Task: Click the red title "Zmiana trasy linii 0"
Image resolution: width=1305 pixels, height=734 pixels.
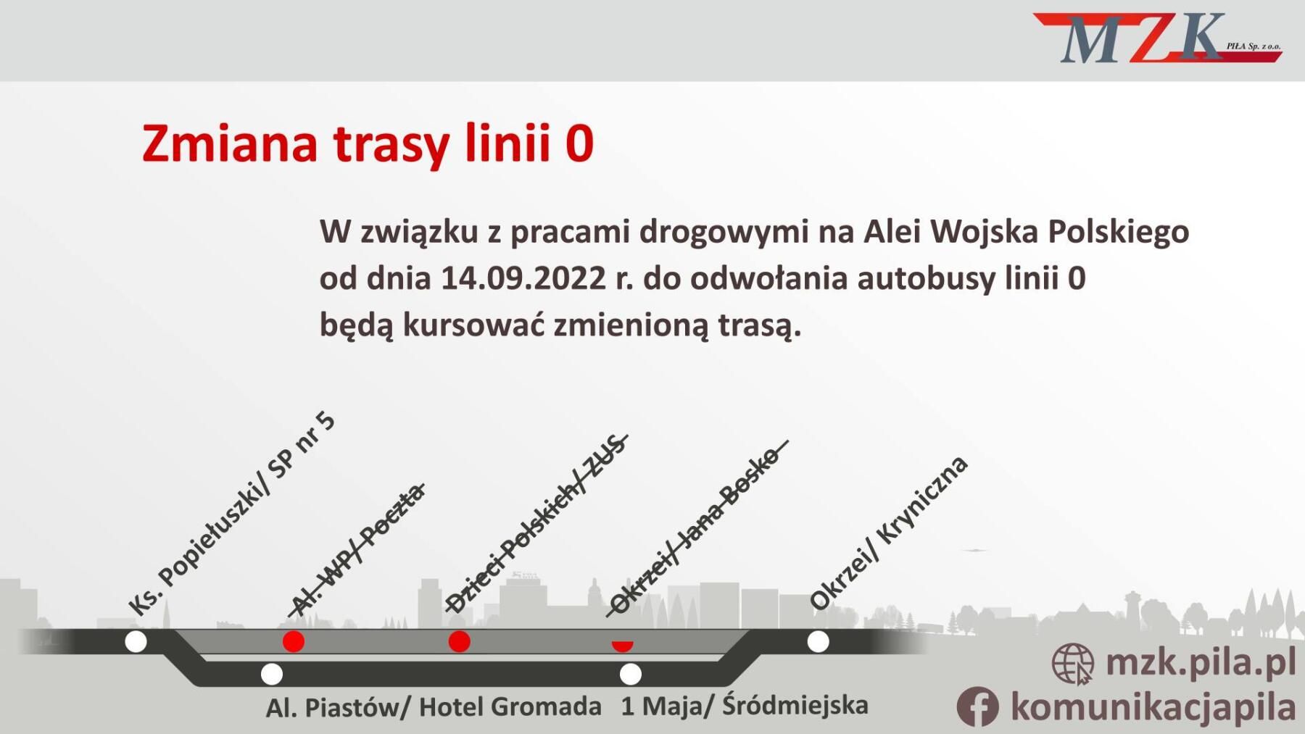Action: click(x=368, y=143)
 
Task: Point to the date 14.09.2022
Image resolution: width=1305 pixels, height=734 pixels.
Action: click(x=523, y=278)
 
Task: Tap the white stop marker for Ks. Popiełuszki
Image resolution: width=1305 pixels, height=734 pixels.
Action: click(x=136, y=641)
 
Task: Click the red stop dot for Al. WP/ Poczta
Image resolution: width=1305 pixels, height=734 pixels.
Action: click(x=294, y=641)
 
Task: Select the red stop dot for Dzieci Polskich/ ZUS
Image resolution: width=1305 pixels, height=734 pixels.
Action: click(x=460, y=641)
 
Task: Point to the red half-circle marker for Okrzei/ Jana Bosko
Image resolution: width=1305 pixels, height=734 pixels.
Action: click(x=622, y=646)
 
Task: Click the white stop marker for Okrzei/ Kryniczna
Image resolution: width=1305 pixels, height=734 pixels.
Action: click(x=819, y=641)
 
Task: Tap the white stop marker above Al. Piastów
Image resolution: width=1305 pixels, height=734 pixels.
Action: click(x=272, y=675)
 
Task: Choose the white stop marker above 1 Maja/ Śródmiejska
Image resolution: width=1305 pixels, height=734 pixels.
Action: click(x=631, y=675)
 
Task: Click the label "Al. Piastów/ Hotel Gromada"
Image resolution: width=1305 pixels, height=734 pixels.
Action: click(x=434, y=707)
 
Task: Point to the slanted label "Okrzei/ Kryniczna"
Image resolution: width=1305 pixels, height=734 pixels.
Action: click(x=888, y=533)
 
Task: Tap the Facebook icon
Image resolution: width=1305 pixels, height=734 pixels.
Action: click(x=977, y=706)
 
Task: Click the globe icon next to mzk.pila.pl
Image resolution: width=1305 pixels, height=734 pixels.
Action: click(x=1073, y=664)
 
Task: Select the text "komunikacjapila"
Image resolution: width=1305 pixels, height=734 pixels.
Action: click(x=1153, y=707)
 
